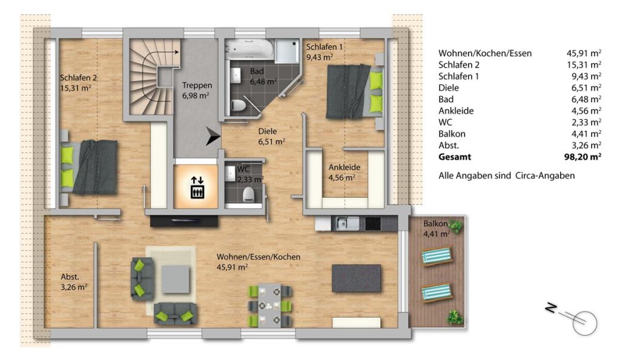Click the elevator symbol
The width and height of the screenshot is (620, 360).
tap(197, 188)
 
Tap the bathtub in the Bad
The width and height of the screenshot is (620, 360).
tap(249, 50)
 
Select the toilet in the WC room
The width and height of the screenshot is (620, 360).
tap(248, 194)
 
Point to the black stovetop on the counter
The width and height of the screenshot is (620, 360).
tap(373, 224)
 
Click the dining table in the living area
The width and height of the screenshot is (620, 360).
tap(269, 305)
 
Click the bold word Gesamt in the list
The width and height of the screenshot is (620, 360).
tap(455, 157)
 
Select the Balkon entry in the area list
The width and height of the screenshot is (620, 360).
tap(452, 134)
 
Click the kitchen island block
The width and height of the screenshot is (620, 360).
tap(356, 278)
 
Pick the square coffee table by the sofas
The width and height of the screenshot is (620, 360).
tap(176, 280)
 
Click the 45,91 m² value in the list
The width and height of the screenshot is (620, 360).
tap(584, 53)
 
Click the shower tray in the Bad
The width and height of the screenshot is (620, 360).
tap(287, 51)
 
